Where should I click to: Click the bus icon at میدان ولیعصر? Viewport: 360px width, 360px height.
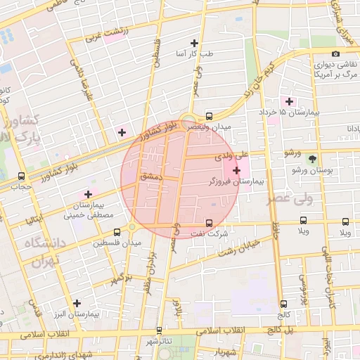tap(209, 117)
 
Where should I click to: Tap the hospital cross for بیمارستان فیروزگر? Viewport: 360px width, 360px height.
tap(236, 170)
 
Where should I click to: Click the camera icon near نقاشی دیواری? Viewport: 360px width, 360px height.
tap(335, 54)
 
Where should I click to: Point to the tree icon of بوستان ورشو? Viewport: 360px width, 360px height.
tap(312, 159)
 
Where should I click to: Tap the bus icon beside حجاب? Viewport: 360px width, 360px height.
tap(21, 176)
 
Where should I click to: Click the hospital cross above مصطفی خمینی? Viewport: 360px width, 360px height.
tap(88, 194)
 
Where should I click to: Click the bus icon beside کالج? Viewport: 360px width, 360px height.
tap(283, 304)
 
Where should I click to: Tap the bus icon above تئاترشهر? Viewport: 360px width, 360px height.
tap(159, 330)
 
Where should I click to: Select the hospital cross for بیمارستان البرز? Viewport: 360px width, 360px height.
tap(77, 303)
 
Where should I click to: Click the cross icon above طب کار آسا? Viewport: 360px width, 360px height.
tap(205, 44)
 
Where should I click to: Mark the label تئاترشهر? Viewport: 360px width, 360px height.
tap(159, 341)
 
